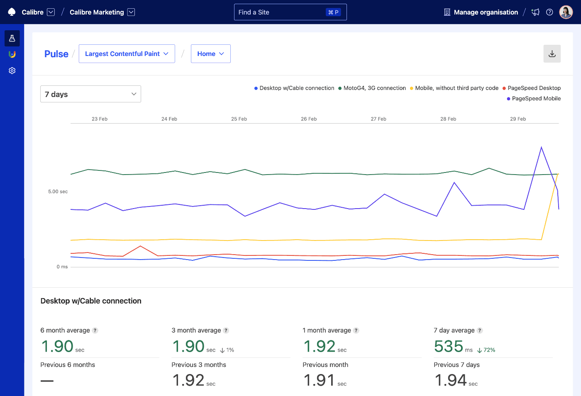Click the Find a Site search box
290,12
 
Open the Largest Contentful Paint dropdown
127,54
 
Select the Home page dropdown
210,54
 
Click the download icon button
552,54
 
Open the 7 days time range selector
90,94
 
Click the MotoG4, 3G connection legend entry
372,88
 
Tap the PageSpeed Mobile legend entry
534,98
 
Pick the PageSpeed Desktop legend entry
532,88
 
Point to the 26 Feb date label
309,119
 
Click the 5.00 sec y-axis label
58,192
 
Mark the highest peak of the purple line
541,147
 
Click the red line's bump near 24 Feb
141,246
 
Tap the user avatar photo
566,12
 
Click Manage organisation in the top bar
486,12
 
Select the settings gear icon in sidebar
12,70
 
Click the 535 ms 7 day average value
449,346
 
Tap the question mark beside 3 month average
226,330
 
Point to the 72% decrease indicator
486,350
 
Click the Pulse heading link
56,54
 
